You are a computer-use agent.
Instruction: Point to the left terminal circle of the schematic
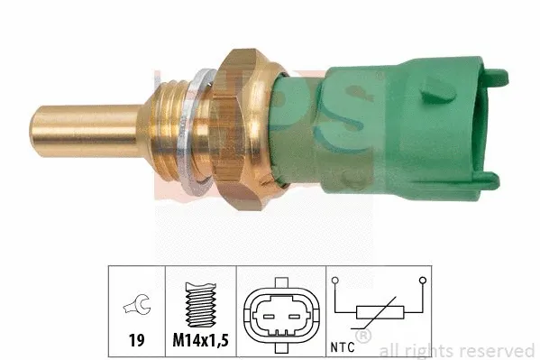[334, 283]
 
